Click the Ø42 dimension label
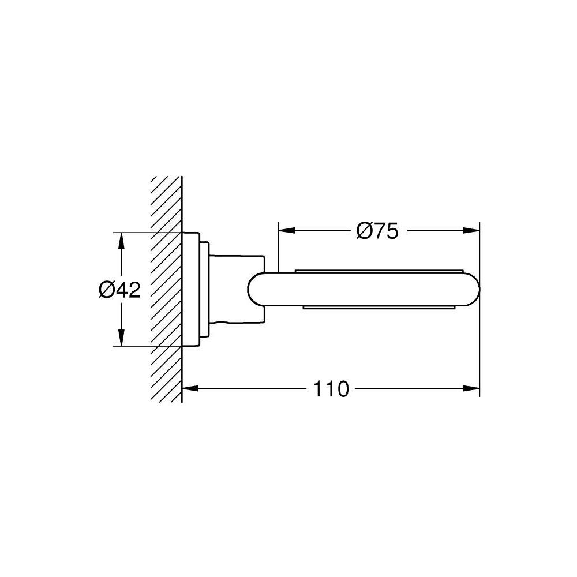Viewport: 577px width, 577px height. pos(120,290)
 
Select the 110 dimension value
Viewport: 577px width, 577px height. pos(332,389)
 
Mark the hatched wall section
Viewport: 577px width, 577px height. pos(166,288)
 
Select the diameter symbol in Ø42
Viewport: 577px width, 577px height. pos(106,290)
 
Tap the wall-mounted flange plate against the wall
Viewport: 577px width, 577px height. pos(190,288)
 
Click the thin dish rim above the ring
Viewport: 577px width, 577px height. pos(378,269)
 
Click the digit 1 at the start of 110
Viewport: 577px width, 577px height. pos(318,389)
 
